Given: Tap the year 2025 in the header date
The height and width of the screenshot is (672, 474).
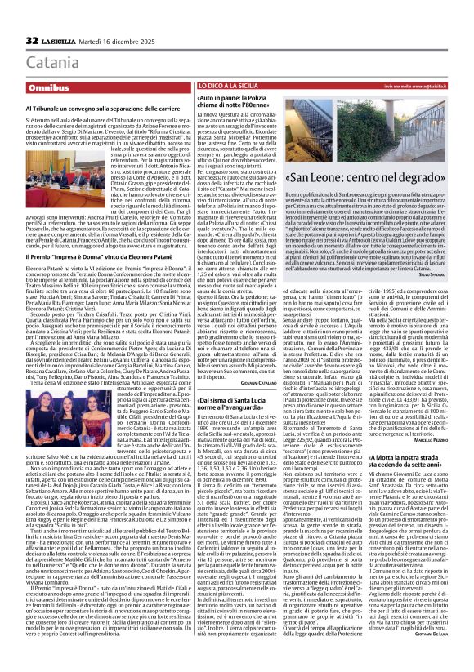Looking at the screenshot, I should click(x=141, y=40).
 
